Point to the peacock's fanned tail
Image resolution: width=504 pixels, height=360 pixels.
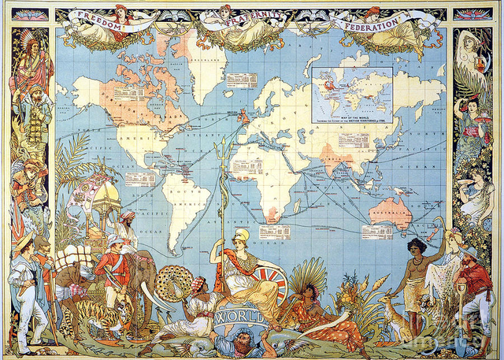[176, 284]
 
